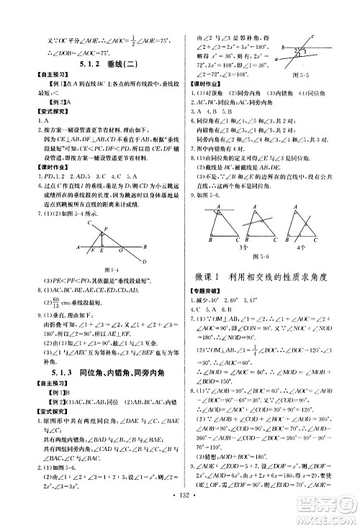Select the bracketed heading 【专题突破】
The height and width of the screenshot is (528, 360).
tap(205, 288)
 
